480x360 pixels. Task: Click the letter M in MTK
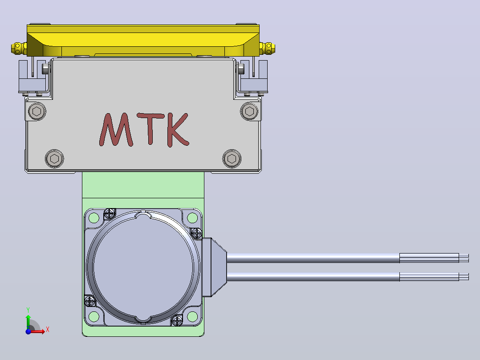point(116,129)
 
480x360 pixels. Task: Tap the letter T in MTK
point(151,128)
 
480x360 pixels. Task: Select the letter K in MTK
point(177,130)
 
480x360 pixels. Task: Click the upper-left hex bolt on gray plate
point(37,111)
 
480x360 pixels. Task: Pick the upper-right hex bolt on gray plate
point(249,111)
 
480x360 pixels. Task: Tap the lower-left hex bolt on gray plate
point(54,159)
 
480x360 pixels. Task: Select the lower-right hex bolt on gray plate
point(232,159)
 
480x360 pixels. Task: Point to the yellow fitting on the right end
point(267,48)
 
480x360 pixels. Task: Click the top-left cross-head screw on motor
point(110,213)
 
